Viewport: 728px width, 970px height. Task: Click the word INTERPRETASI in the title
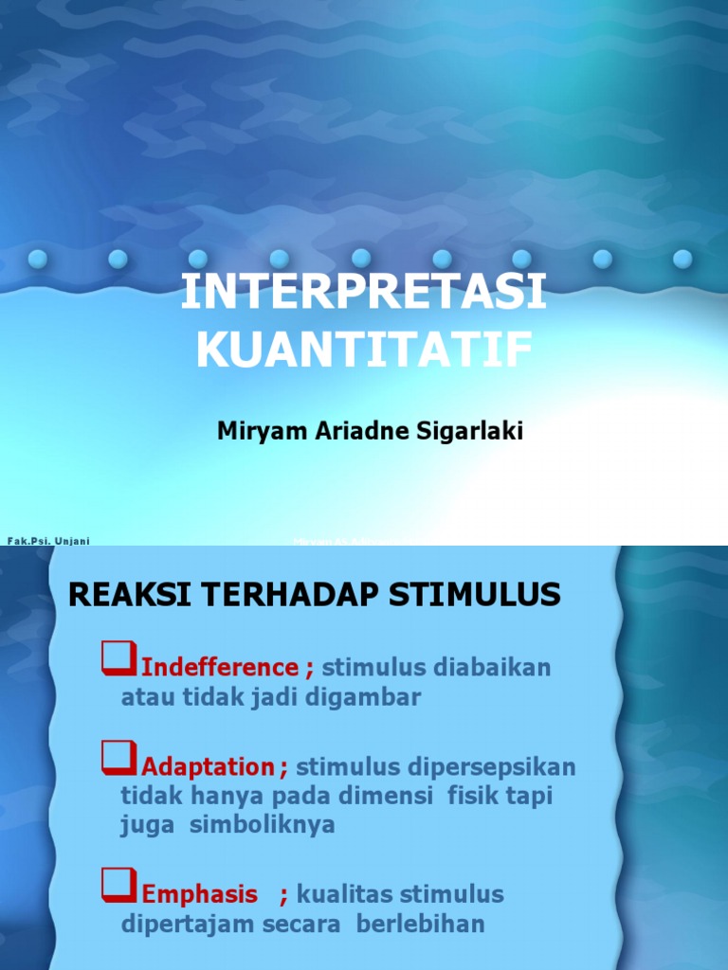(364, 294)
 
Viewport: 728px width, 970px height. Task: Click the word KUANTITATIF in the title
(364, 350)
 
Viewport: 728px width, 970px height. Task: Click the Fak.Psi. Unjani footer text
(48, 541)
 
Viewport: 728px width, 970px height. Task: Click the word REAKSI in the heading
(118, 596)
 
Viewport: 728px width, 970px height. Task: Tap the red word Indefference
(220, 668)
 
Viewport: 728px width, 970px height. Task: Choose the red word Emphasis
(199, 894)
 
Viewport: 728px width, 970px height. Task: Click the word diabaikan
(491, 668)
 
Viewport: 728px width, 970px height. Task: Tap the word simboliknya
(263, 824)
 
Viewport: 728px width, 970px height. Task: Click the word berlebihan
(421, 925)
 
